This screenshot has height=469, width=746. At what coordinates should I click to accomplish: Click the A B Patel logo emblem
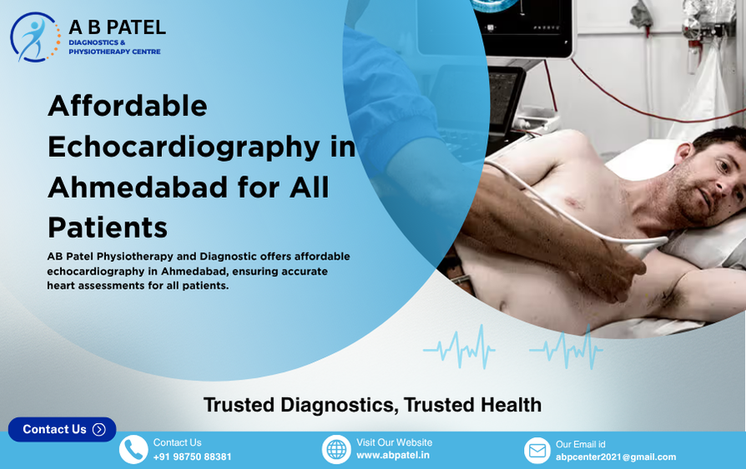pos(35,38)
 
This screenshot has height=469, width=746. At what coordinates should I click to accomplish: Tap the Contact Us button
pos(62,429)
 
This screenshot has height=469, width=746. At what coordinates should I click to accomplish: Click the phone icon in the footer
pos(134,450)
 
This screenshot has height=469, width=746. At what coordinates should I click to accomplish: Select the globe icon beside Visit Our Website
pos(336,450)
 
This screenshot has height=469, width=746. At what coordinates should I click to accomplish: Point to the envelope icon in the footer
pos(537,451)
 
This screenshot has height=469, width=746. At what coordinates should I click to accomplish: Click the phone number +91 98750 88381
pos(192,457)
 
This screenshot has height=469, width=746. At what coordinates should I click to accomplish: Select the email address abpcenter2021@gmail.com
pos(616,457)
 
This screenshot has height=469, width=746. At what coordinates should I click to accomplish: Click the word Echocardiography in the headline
pos(183,147)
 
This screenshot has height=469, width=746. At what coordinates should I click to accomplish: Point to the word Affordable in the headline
pos(127,106)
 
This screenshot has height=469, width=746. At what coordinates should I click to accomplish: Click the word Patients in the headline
pos(107,227)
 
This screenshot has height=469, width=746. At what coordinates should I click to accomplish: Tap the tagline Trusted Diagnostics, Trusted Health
pos(372,406)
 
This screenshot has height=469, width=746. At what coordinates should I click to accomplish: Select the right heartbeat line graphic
pos(566,347)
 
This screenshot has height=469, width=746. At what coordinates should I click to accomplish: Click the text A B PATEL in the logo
pos(117,28)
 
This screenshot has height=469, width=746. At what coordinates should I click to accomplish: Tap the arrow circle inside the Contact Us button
pos(99,430)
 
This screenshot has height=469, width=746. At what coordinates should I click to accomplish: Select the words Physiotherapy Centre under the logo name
pos(114,52)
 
